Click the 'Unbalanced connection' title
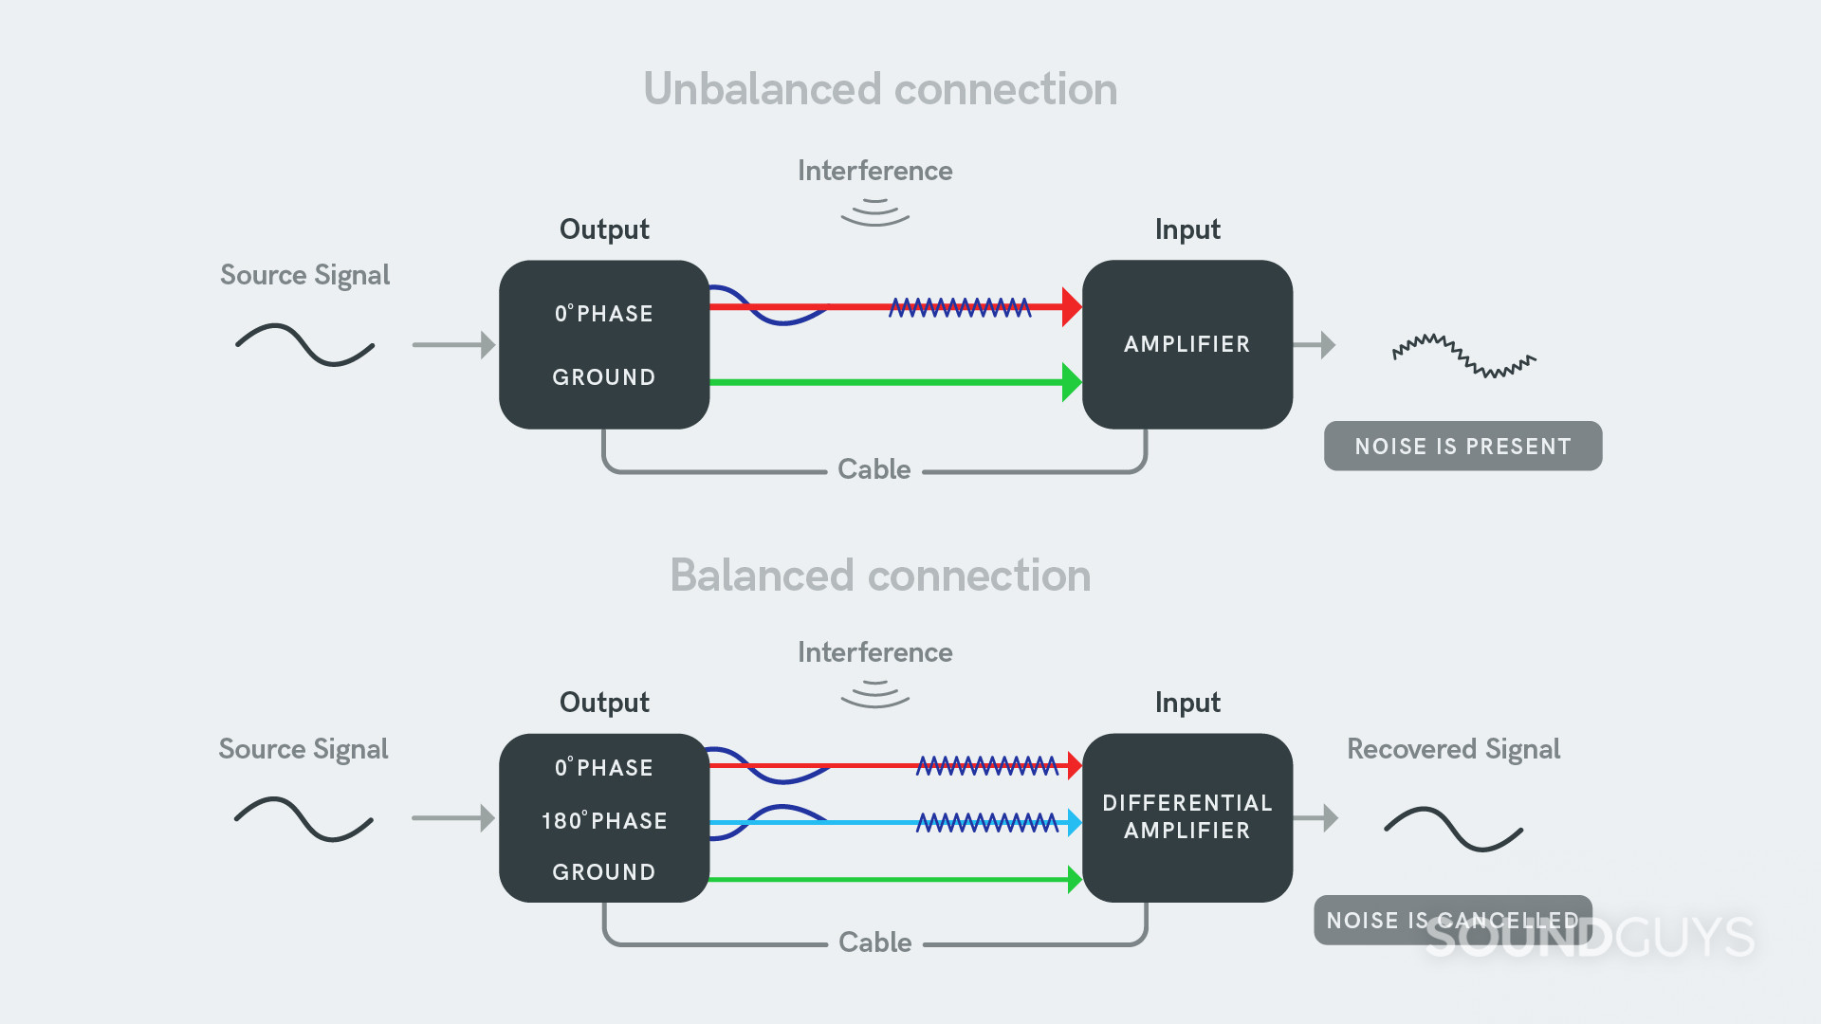[x=880, y=89]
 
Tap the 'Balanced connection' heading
[x=880, y=576]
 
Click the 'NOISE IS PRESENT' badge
[x=1462, y=447]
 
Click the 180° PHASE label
[x=604, y=821]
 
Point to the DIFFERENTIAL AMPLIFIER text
[x=1186, y=817]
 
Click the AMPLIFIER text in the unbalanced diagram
[x=1186, y=344]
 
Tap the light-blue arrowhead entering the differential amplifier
[x=1074, y=822]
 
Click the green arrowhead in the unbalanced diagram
[x=1071, y=382]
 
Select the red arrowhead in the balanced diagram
[x=1074, y=765]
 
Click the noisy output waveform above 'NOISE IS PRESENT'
[x=1463, y=357]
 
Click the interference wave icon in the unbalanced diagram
[x=874, y=212]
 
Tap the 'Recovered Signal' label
[x=1453, y=749]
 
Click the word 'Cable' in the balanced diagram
[x=874, y=942]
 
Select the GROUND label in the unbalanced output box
[x=604, y=377]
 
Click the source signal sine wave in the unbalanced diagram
[x=304, y=345]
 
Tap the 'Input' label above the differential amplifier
[x=1186, y=703]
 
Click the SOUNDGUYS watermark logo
[x=1590, y=938]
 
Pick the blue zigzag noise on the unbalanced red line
[x=959, y=307]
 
